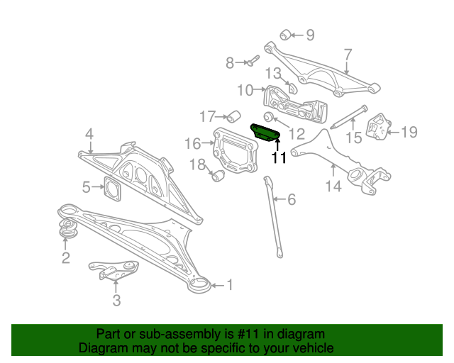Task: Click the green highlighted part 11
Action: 265,133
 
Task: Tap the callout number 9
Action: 310,35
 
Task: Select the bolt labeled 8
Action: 253,61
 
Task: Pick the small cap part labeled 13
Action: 292,88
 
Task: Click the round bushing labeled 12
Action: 269,116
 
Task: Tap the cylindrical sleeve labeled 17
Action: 233,116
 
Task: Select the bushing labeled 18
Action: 218,176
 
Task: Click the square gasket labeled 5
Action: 112,189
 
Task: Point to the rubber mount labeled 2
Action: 68,228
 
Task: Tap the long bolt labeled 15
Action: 349,117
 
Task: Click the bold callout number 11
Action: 279,157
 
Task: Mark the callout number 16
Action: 192,143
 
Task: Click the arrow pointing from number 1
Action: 218,286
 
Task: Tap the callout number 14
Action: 333,186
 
